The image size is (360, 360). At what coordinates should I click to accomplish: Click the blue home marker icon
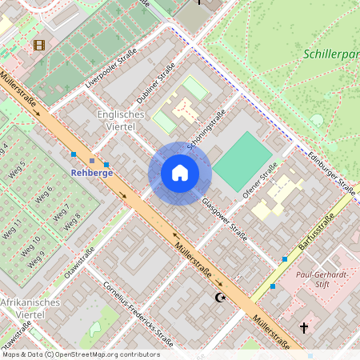(180, 173)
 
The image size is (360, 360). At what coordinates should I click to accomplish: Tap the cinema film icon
(38, 45)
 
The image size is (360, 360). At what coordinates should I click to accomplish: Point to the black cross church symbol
(303, 327)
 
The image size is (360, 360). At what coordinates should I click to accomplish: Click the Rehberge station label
(90, 172)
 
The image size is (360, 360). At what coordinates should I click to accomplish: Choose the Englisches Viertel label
(120, 121)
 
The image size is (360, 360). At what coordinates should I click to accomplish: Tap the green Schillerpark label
(331, 55)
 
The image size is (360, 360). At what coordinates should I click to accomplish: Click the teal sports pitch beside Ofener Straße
(243, 162)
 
